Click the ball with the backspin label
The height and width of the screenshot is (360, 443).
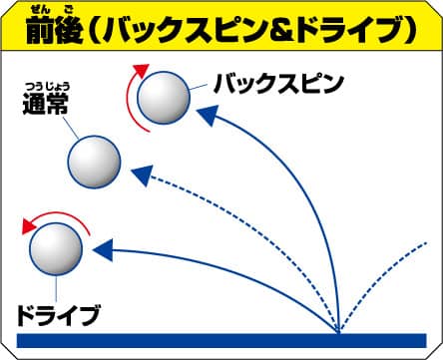tap(164, 98)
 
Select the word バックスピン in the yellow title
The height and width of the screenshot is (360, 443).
tap(186, 33)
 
